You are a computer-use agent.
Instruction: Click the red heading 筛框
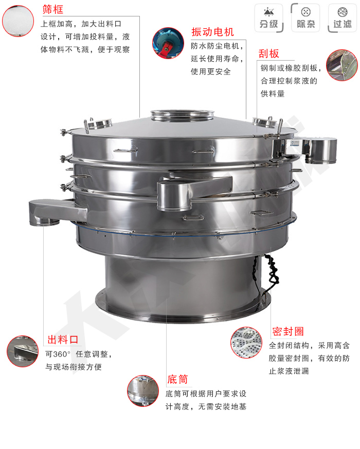tap(52, 9)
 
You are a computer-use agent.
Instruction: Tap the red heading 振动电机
tap(212, 32)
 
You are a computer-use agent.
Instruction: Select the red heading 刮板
tap(269, 53)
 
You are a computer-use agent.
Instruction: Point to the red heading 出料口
tap(63, 340)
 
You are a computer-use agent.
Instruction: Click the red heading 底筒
tap(177, 380)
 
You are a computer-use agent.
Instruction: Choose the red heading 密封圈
tap(287, 331)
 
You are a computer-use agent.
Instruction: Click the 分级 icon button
tap(268, 17)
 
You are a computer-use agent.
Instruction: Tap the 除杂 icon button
tap(305, 17)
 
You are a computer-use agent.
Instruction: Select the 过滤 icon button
tap(342, 17)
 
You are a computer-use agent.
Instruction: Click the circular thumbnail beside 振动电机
tap(168, 43)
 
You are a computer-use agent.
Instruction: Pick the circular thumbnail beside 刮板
tap(342, 65)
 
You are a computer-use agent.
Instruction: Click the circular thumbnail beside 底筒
tap(143, 390)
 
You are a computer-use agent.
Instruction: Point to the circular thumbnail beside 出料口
tap(23, 351)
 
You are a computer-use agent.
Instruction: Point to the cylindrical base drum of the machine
tap(183, 288)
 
